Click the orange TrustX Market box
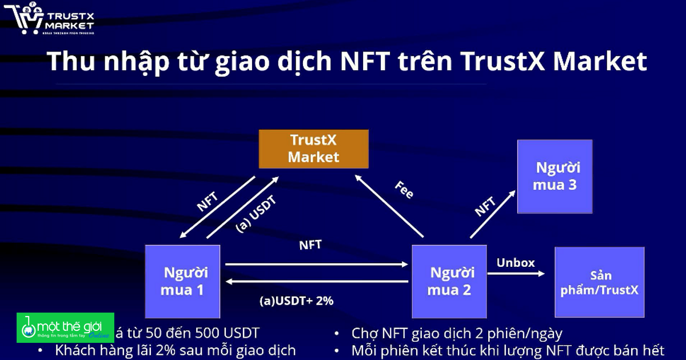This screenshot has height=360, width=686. pos(313,149)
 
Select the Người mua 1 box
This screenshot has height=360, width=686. pos(182,281)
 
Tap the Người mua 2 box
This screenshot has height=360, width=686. pos(449,281)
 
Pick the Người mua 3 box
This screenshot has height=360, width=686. pos(555,177)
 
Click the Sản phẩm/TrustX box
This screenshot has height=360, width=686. pos(599,282)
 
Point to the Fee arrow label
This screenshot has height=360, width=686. pos(404,190)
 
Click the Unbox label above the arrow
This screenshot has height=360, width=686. pos(515,263)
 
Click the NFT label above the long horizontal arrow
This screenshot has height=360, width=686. pos(310,245)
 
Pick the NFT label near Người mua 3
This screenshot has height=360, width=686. pos(485,206)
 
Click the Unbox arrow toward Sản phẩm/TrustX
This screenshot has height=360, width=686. pos(516,274)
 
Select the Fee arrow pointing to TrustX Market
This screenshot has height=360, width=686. pos(389,206)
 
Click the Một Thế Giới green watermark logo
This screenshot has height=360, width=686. pos(65,328)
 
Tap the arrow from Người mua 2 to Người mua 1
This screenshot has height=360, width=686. pos(317,282)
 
